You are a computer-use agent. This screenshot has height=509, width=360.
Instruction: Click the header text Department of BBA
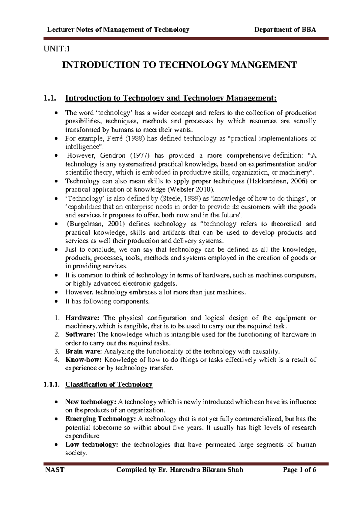coord(285,29)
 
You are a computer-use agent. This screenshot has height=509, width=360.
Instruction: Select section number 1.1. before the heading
coord(50,98)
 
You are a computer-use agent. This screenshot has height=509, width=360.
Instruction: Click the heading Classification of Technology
coord(109,384)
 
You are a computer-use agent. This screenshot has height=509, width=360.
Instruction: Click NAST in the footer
coord(55,470)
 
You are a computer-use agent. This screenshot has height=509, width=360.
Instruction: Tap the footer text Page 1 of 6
coord(299,470)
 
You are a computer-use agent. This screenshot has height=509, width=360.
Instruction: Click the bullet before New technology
coord(56,402)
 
